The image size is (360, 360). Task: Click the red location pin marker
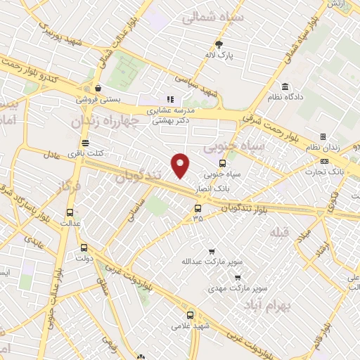click(181, 165)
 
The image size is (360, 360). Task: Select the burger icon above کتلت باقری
click(85, 143)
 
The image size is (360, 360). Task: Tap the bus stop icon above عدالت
click(69, 212)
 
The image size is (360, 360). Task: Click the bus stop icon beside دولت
click(84, 247)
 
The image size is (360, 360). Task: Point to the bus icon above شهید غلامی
click(191, 316)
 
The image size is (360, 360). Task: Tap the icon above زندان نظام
click(323, 136)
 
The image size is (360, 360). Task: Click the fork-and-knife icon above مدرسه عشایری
click(169, 100)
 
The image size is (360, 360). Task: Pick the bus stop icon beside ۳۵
click(198, 207)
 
